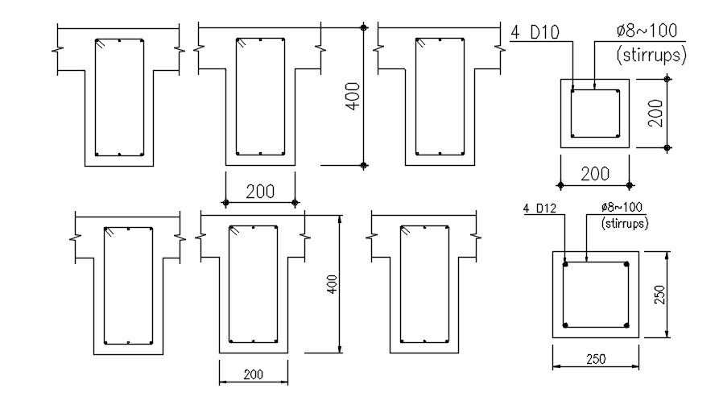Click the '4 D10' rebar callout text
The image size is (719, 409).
click(x=535, y=32)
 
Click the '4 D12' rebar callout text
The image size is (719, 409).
click(x=539, y=209)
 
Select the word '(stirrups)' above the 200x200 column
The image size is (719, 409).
click(x=651, y=55)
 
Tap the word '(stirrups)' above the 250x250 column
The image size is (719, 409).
click(x=625, y=223)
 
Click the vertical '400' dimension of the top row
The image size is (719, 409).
click(x=353, y=96)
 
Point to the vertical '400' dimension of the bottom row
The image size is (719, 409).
click(x=332, y=284)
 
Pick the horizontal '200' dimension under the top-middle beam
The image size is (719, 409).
click(x=260, y=192)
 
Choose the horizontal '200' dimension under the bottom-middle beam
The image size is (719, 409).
click(x=254, y=374)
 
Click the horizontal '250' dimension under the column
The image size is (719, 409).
click(x=596, y=359)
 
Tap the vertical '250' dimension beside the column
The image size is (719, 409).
click(x=659, y=295)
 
